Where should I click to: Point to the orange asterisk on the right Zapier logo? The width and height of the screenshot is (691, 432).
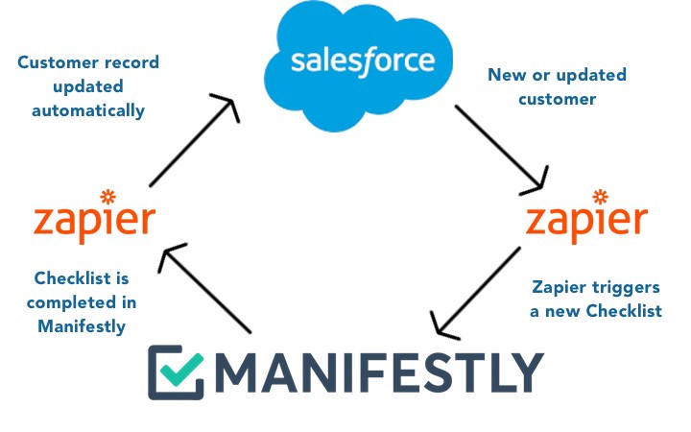pyautogui.click(x=600, y=198)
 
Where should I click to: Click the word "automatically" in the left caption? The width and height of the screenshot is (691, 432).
pyautogui.click(x=87, y=110)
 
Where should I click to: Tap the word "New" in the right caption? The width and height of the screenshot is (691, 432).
pyautogui.click(x=506, y=75)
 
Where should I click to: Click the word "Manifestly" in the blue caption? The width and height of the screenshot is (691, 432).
pyautogui.click(x=82, y=325)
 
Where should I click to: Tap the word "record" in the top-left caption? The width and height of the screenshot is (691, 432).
pyautogui.click(x=129, y=63)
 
